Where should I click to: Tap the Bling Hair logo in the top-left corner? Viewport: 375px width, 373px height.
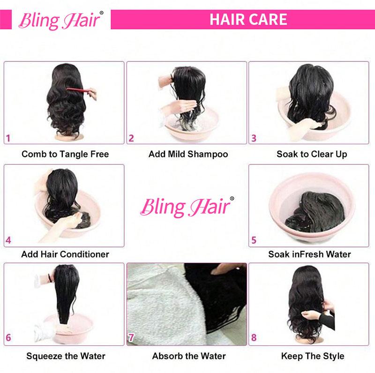click(x=58, y=20)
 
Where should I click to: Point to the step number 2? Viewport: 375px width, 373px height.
click(x=132, y=138)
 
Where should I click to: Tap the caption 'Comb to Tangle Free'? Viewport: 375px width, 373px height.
click(x=65, y=154)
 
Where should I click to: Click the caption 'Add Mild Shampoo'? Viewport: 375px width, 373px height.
click(x=188, y=154)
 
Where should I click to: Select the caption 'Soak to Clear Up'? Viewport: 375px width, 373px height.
click(x=312, y=154)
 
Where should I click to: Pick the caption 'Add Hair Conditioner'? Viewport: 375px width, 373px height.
click(x=65, y=254)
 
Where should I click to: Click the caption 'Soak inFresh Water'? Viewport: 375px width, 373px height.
click(x=309, y=254)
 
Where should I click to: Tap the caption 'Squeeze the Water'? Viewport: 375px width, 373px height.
click(x=66, y=356)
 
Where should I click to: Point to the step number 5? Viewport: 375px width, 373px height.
click(x=254, y=240)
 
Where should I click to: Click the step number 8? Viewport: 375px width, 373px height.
click(x=254, y=337)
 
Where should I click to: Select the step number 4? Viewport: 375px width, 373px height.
click(x=8, y=241)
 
